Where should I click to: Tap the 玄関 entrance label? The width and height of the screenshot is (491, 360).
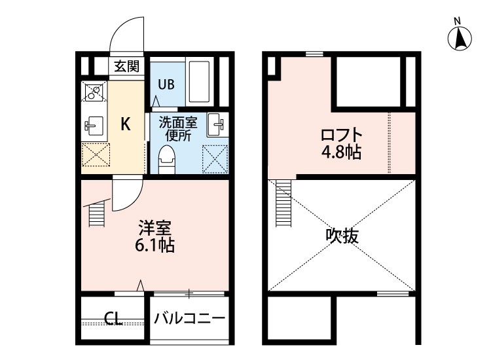[x=126, y=66]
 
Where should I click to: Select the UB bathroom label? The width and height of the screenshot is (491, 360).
[x=165, y=84]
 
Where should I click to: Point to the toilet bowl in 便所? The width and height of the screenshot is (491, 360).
[x=168, y=159]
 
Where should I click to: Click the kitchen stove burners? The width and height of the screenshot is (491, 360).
[x=93, y=93]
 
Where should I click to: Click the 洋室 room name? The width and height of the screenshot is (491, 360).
[x=155, y=228]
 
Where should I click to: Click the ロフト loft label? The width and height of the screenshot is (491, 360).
[x=341, y=135]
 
